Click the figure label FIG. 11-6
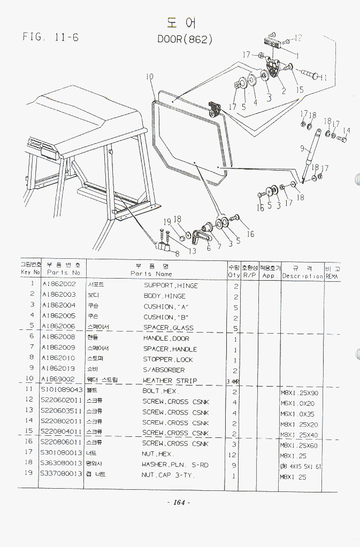pos(51,37)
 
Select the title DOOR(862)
pos(185,39)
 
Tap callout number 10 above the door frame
pos(149,77)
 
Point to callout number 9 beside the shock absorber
pos(302,149)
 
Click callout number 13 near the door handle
pos(192,251)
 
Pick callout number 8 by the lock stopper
pos(177,254)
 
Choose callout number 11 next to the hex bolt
pos(323,78)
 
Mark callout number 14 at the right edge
pos(347,130)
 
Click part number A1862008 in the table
pos(58,338)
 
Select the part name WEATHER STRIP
pos(170,381)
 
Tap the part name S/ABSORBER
pos(164,370)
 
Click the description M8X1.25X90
pos(299,392)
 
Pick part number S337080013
pos(62,474)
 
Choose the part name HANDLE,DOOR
pos(166,338)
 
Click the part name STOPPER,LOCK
pos(165,359)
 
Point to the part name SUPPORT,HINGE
pos(171,286)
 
